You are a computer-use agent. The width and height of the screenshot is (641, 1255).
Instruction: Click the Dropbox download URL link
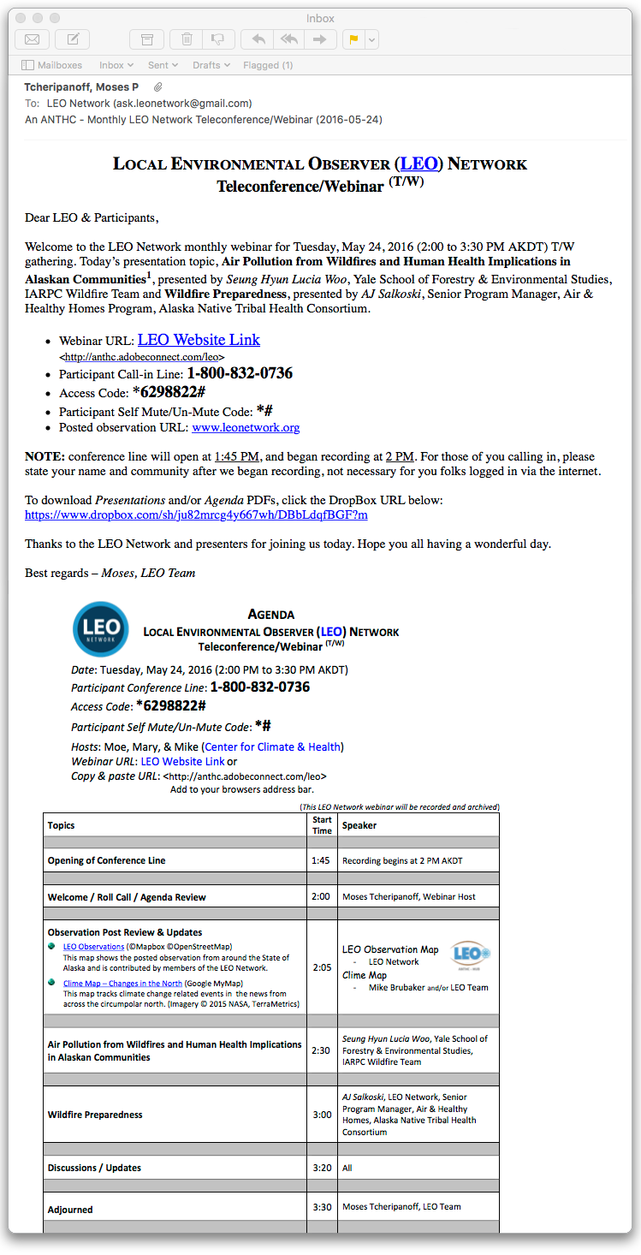(196, 515)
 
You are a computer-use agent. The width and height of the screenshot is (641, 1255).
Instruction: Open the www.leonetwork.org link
(246, 427)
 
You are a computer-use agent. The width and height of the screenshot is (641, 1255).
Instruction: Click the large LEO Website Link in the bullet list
(199, 340)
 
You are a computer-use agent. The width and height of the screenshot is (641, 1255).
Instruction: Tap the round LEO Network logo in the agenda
(101, 629)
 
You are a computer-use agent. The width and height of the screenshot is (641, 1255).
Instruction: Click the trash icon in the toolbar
(187, 39)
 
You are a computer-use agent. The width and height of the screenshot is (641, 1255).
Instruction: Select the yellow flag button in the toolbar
(352, 39)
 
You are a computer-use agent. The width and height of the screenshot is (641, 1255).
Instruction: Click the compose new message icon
(73, 39)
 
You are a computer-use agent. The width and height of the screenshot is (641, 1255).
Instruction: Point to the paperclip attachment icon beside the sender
(157, 87)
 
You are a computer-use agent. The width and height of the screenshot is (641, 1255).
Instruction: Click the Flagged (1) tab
(268, 65)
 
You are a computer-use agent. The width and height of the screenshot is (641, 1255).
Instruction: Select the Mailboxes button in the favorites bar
(52, 65)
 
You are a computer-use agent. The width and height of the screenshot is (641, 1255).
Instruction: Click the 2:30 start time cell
(322, 1050)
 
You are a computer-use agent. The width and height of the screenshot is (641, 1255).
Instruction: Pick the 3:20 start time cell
(322, 1168)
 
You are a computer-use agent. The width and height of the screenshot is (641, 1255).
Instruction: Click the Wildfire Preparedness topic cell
(95, 1115)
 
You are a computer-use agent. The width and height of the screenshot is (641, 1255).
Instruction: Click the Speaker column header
(359, 825)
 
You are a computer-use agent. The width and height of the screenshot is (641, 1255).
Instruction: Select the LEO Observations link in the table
(93, 946)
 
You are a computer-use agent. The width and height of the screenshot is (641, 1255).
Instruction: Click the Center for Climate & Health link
(271, 746)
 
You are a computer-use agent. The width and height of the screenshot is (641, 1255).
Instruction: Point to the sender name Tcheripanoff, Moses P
(81, 87)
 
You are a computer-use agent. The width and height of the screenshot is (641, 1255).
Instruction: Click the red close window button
(21, 18)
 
